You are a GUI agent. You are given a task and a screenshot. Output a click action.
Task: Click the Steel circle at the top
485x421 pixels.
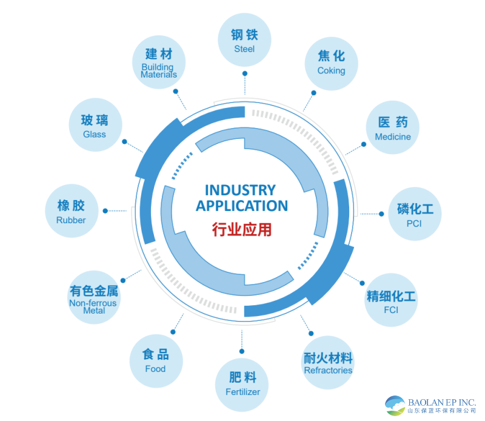[244, 40]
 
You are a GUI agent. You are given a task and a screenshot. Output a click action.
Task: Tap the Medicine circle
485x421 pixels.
[392, 129]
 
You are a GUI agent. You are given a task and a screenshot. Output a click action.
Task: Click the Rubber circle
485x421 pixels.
[71, 213]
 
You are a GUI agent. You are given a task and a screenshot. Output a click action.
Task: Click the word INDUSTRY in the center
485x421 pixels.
[240, 190]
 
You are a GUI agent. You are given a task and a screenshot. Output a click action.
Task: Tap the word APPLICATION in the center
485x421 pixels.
[241, 206]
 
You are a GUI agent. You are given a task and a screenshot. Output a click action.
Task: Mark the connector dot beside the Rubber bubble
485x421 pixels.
[105, 211]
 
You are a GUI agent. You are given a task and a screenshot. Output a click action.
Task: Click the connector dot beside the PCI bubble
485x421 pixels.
[381, 214]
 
